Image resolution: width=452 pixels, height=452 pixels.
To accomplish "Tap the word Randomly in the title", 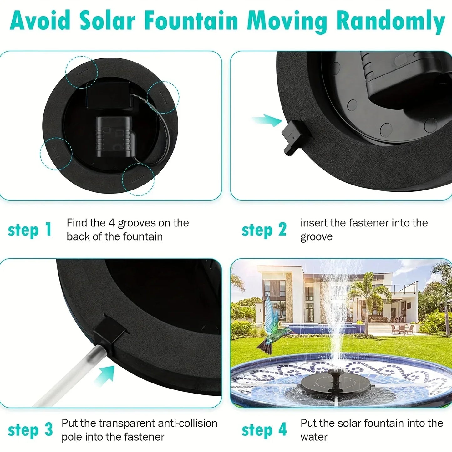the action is click(x=391, y=22).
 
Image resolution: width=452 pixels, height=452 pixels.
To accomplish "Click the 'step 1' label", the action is click(x=29, y=230).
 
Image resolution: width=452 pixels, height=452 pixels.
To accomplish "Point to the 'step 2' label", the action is click(x=264, y=230).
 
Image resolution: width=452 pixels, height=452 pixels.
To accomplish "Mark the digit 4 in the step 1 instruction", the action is click(x=111, y=223).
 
